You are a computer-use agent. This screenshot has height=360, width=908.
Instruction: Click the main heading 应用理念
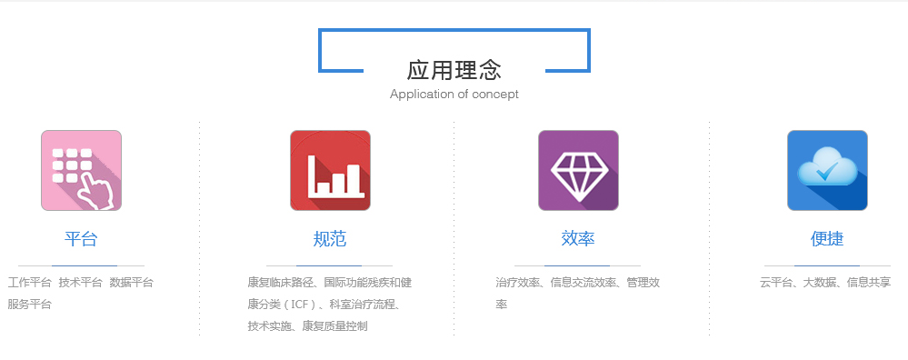[454, 70]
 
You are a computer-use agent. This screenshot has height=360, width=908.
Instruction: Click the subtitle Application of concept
[454, 94]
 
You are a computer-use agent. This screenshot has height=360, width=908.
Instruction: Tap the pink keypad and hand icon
[81, 170]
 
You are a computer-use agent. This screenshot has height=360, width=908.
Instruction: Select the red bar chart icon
[330, 170]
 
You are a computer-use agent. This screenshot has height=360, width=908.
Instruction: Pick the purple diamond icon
[578, 170]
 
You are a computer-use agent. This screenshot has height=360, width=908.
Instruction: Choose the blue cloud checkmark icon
[827, 170]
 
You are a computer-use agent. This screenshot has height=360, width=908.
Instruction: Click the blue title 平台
[81, 238]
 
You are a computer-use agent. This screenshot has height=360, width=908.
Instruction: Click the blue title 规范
[330, 238]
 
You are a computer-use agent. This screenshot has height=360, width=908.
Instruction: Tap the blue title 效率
[578, 238]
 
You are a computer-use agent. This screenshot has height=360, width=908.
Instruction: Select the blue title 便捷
[827, 238]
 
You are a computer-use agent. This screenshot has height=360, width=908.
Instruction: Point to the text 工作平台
[29, 283]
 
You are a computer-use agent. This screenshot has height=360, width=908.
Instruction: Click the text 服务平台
[29, 304]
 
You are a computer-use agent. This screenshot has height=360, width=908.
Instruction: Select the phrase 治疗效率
[518, 283]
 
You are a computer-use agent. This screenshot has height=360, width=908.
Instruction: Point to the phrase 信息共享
[869, 283]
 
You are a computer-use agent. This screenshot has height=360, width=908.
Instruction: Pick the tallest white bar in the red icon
[312, 174]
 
